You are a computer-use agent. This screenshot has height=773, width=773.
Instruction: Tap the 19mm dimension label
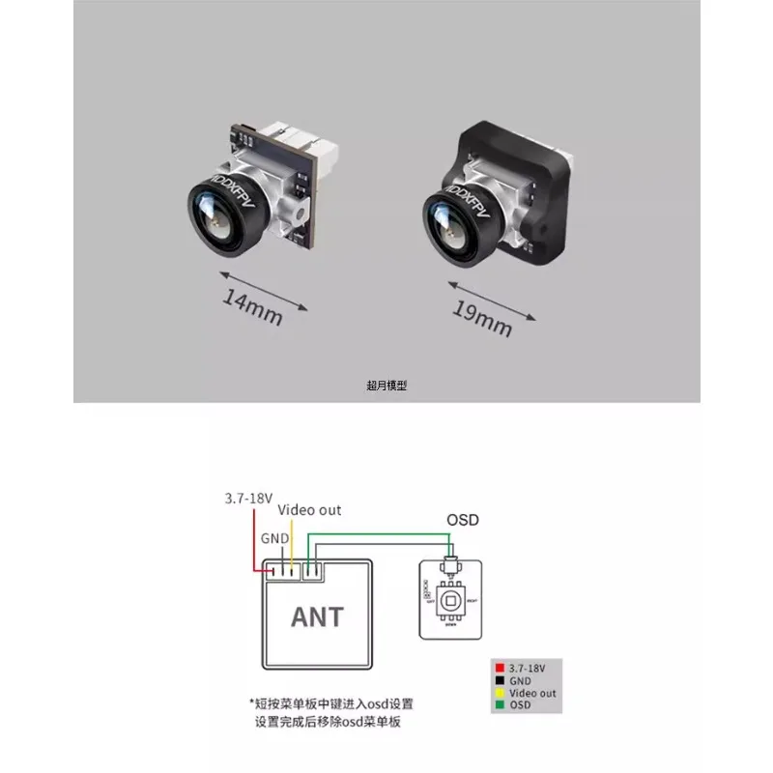coord(481,320)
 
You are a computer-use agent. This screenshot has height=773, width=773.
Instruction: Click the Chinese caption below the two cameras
coord(386,385)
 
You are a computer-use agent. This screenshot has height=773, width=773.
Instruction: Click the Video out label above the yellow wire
coord(309,509)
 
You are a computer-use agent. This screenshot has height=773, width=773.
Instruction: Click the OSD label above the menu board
coord(463,520)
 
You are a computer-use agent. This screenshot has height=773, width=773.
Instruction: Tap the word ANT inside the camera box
coord(317,615)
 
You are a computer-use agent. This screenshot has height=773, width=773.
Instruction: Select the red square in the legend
coord(499,667)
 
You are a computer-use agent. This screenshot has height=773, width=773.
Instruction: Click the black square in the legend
coord(499,680)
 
